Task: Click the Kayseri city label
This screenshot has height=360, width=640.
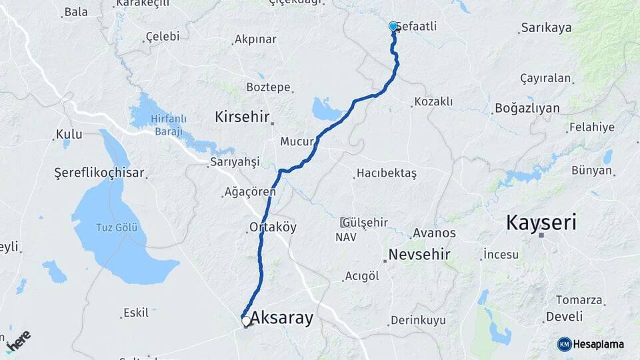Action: [x=541, y=222]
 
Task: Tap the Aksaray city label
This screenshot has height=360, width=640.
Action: [x=281, y=318]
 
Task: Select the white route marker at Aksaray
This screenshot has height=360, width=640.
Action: [x=246, y=321]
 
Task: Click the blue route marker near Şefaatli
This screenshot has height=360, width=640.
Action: [x=393, y=27]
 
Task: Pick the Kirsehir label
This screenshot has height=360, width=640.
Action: [x=241, y=117]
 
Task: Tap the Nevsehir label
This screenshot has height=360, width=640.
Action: [x=419, y=255]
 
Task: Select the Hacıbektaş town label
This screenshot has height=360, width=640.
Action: [x=387, y=173]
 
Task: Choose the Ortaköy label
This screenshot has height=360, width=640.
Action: [x=273, y=227]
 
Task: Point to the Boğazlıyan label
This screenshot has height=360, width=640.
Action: [x=527, y=108]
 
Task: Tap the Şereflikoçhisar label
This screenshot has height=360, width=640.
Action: [x=99, y=173]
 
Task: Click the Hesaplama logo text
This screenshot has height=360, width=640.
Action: [x=598, y=344]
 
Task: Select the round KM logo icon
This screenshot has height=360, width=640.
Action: [x=565, y=344]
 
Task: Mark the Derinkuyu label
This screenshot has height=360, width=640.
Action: [x=418, y=320]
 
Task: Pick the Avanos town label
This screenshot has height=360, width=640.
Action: [x=434, y=233]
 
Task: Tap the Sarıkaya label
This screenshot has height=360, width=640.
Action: [x=547, y=27]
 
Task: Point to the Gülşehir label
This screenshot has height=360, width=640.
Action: [x=366, y=221]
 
